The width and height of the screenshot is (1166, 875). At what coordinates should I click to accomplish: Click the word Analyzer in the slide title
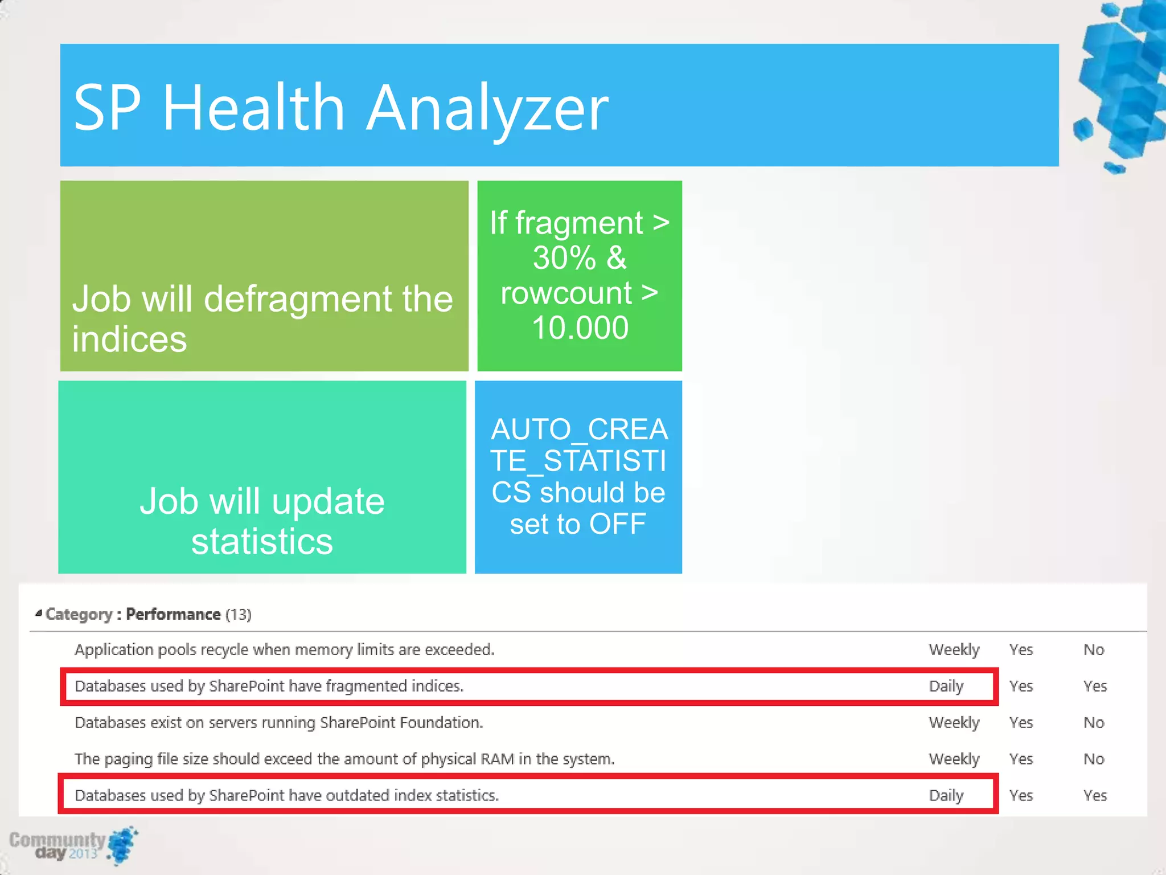pos(487,108)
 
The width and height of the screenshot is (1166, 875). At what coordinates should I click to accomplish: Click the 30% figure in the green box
pos(564,258)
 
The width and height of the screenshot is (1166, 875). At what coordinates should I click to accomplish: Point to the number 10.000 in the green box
pos(580,328)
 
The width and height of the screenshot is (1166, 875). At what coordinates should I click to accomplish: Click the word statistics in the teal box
pos(262,542)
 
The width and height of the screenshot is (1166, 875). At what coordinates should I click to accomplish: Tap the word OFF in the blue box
pos(617,524)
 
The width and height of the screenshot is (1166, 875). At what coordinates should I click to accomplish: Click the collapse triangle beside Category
pos(38,614)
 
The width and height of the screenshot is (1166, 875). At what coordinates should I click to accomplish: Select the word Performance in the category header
pos(173,614)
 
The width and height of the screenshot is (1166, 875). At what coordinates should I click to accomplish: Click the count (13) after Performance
pos(238,615)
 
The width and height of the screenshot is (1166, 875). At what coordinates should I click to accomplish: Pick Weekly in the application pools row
pos(954,650)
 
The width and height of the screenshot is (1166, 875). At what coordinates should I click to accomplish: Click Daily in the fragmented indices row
pos(946,686)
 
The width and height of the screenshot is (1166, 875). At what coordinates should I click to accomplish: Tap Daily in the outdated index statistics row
pos(946,796)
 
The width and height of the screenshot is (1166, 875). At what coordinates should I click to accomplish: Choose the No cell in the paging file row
pos(1093,759)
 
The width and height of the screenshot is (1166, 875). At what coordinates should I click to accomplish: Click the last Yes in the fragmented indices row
pos(1094,686)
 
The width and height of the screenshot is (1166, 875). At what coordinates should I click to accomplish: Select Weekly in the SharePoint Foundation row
pos(954,723)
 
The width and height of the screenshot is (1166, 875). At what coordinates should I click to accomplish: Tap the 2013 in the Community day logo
pos(83,853)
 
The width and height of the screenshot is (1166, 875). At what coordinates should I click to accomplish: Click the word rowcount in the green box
pos(566,293)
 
